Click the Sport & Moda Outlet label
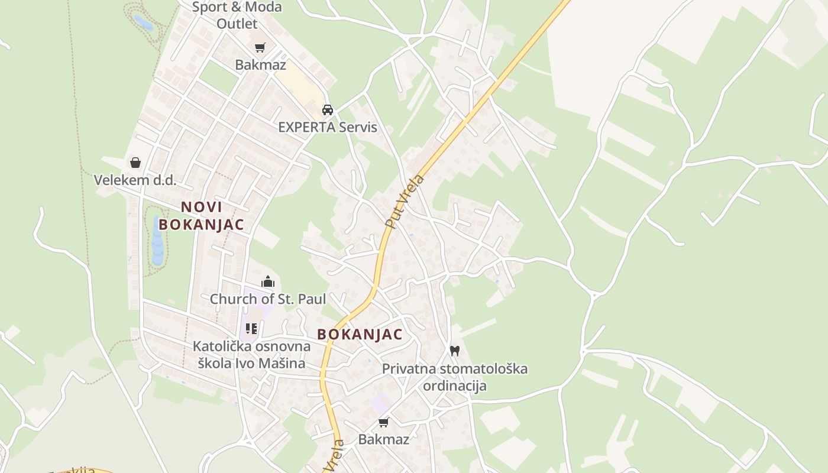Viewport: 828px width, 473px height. click(237, 15)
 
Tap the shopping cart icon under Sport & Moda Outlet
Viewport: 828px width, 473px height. click(260, 48)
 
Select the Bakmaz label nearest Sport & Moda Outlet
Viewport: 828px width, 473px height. click(260, 64)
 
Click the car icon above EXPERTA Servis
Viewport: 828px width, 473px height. click(327, 109)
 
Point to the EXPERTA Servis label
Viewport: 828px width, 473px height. click(327, 127)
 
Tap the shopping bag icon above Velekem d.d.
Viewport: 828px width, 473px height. click(135, 163)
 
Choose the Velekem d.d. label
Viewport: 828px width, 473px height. click(135, 180)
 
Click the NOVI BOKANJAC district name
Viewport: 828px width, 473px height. click(201, 216)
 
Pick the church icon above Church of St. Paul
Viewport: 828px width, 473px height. click(268, 281)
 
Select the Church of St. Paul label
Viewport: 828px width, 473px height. click(268, 299)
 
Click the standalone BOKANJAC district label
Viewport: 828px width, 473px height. click(360, 334)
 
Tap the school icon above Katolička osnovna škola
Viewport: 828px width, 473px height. click(251, 329)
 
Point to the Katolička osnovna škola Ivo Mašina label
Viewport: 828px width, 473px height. click(251, 355)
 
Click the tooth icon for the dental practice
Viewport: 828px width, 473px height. click(454, 351)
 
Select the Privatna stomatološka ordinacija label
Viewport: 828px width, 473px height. click(454, 377)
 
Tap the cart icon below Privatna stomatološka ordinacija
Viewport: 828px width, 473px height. click(384, 422)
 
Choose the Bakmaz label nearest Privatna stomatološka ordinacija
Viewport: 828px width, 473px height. click(384, 439)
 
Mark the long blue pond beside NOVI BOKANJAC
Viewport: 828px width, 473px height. click(157, 240)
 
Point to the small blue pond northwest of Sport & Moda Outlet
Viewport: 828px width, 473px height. click(144, 23)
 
